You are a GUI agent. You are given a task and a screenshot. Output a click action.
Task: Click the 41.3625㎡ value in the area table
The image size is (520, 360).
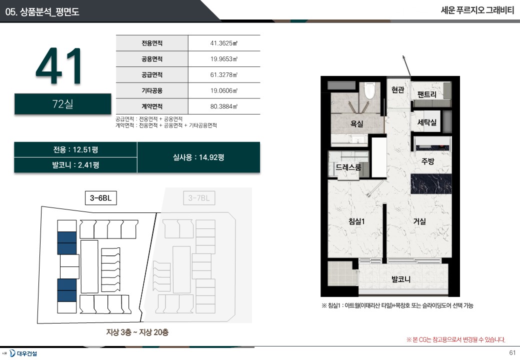pos(224,43)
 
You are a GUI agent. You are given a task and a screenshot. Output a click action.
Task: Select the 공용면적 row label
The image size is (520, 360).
pos(152,59)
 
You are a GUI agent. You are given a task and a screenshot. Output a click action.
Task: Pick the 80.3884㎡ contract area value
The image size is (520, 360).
pos(224,106)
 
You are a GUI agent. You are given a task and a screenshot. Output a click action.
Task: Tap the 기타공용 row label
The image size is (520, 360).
pos(152,90)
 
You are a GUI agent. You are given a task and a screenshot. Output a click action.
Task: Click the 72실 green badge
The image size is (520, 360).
pos(62,104)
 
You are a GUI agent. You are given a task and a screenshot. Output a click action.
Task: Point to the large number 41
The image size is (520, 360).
pos(59,66)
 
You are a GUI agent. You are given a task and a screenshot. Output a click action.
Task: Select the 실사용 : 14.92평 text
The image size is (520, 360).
pos(198,157)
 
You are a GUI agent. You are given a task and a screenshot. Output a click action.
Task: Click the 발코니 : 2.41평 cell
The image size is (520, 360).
pos(75,165)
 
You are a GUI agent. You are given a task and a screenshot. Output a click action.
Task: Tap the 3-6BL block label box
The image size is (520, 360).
pos(101,198)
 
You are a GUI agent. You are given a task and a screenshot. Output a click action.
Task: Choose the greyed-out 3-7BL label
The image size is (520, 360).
pos(199,198)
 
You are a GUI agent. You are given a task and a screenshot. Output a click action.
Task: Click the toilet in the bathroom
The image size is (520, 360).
pos(369,90)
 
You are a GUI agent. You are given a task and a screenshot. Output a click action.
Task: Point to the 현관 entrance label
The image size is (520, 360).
pos(397,89)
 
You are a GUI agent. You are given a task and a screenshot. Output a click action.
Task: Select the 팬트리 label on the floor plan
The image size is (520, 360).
pos(427,94)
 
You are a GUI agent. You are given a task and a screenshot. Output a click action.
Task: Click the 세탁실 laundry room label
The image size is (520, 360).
pos(427,122)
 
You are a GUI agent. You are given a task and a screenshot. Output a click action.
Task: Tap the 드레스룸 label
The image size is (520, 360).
pos(348,167)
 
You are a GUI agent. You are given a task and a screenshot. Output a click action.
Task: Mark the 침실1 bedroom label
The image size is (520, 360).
pos(356,221)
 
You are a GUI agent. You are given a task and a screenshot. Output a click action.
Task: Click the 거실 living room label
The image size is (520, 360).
pos(419,221)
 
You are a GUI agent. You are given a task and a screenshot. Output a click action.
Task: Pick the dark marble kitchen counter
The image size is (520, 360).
pos(431,183)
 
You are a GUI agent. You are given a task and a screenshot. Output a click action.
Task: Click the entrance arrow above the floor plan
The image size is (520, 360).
pos(406,65)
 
